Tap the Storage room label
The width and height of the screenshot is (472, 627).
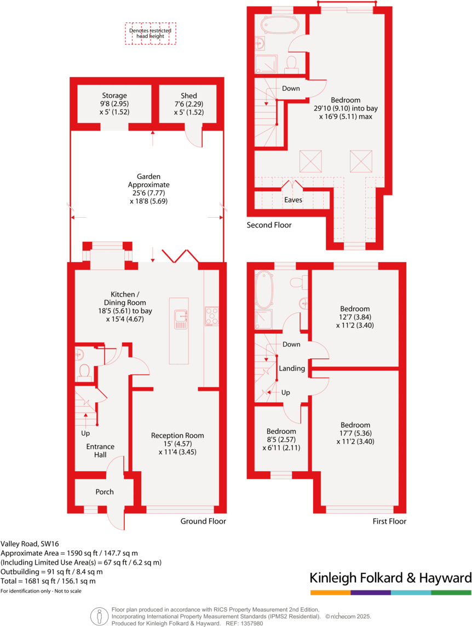click(x=114, y=96)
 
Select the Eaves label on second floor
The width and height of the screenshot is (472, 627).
click(x=293, y=200)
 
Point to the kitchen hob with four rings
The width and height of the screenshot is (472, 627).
click(x=211, y=316)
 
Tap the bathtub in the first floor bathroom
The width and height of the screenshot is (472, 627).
click(x=264, y=290)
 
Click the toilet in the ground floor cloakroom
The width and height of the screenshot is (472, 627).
click(x=84, y=372)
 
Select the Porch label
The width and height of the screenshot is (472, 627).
click(x=105, y=492)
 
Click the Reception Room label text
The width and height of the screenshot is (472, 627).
click(x=177, y=436)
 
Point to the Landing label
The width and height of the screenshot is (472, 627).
click(x=292, y=368)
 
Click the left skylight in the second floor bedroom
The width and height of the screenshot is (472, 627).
click(x=310, y=162)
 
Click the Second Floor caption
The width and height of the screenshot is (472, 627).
click(x=269, y=225)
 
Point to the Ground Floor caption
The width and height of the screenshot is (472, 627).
click(x=203, y=521)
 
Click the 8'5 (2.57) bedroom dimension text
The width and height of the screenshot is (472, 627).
click(x=281, y=439)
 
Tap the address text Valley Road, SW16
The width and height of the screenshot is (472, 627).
click(x=29, y=544)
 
